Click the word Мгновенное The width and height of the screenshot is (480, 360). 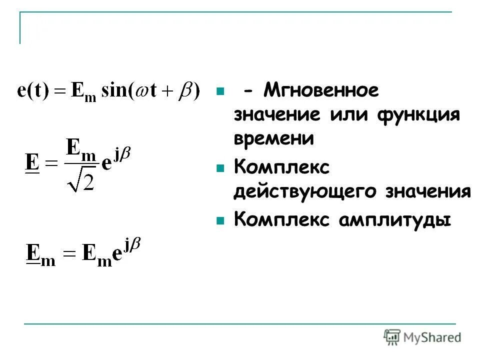[x=321, y=91]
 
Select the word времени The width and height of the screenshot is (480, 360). [x=273, y=138]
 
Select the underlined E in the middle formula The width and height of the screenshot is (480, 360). [x=32, y=162]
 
